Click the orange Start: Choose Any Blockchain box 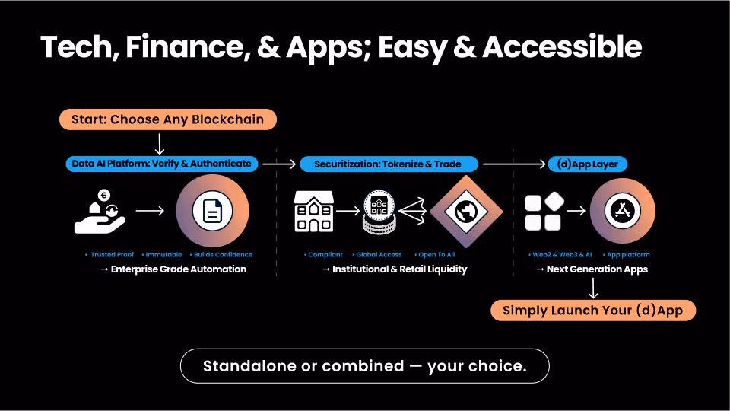click(x=167, y=119)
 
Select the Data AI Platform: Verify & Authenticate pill click(x=160, y=164)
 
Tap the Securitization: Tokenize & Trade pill click(x=387, y=164)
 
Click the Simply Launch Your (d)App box click(x=593, y=311)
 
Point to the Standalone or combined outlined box click(x=364, y=366)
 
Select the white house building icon click(x=313, y=211)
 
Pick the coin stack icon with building click(x=378, y=212)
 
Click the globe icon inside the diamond click(x=466, y=211)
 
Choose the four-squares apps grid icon click(x=544, y=212)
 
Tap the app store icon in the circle click(x=621, y=212)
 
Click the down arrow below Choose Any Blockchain click(x=159, y=142)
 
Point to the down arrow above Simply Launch click(x=593, y=288)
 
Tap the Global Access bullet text click(x=378, y=255)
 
